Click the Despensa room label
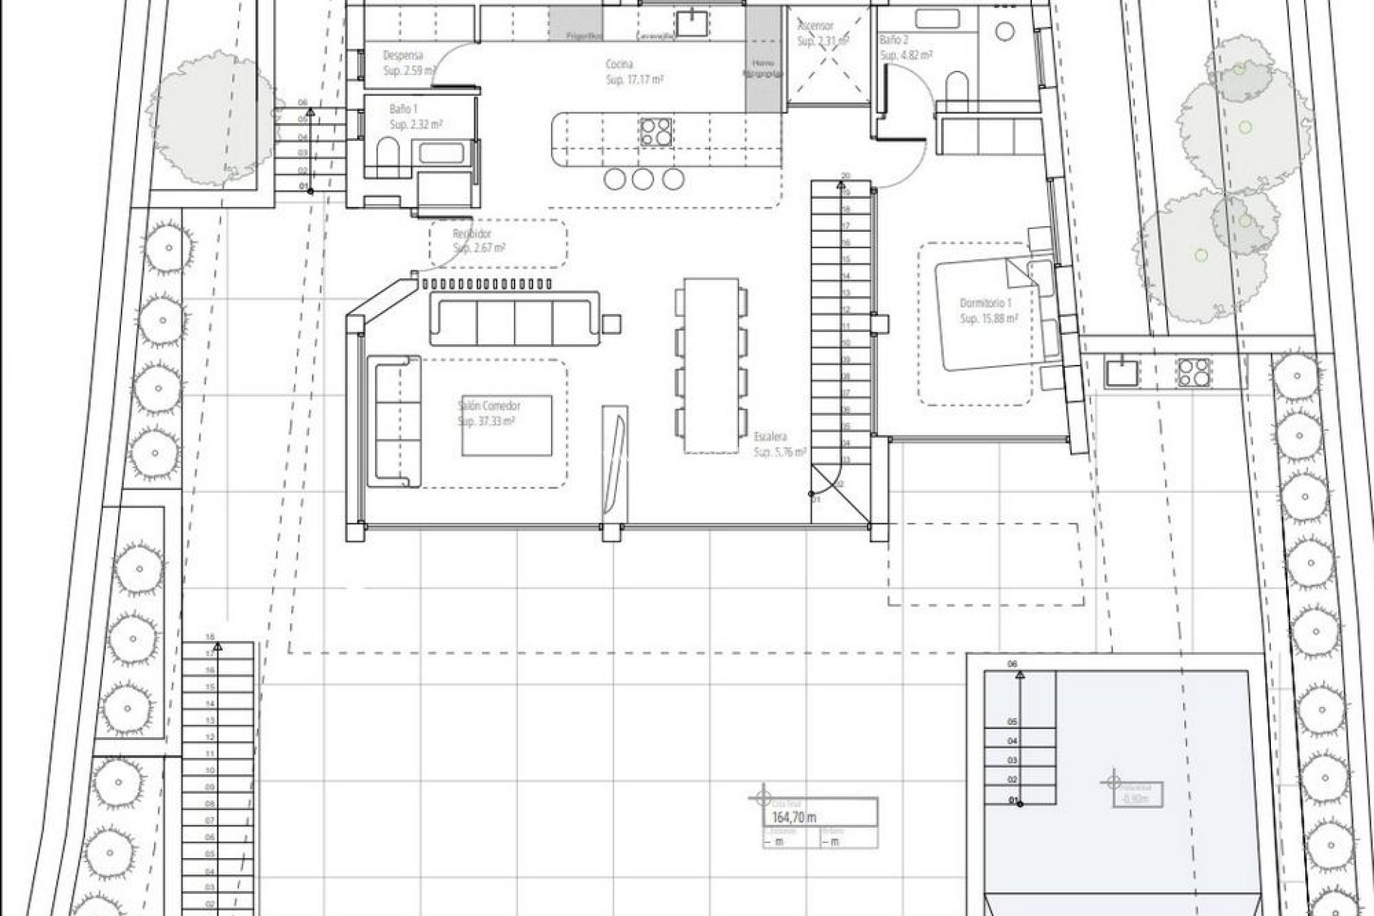click(x=403, y=55)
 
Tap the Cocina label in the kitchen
click(x=620, y=64)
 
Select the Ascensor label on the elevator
click(x=816, y=26)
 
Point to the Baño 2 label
click(x=894, y=41)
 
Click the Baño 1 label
click(x=404, y=109)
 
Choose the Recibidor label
click(x=472, y=234)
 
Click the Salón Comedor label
click(x=489, y=406)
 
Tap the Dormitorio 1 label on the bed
click(x=985, y=303)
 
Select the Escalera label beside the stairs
click(x=770, y=436)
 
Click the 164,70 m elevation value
click(x=794, y=817)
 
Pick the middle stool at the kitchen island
click(x=643, y=179)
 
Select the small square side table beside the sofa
click(x=612, y=324)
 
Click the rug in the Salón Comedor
click(x=507, y=425)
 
